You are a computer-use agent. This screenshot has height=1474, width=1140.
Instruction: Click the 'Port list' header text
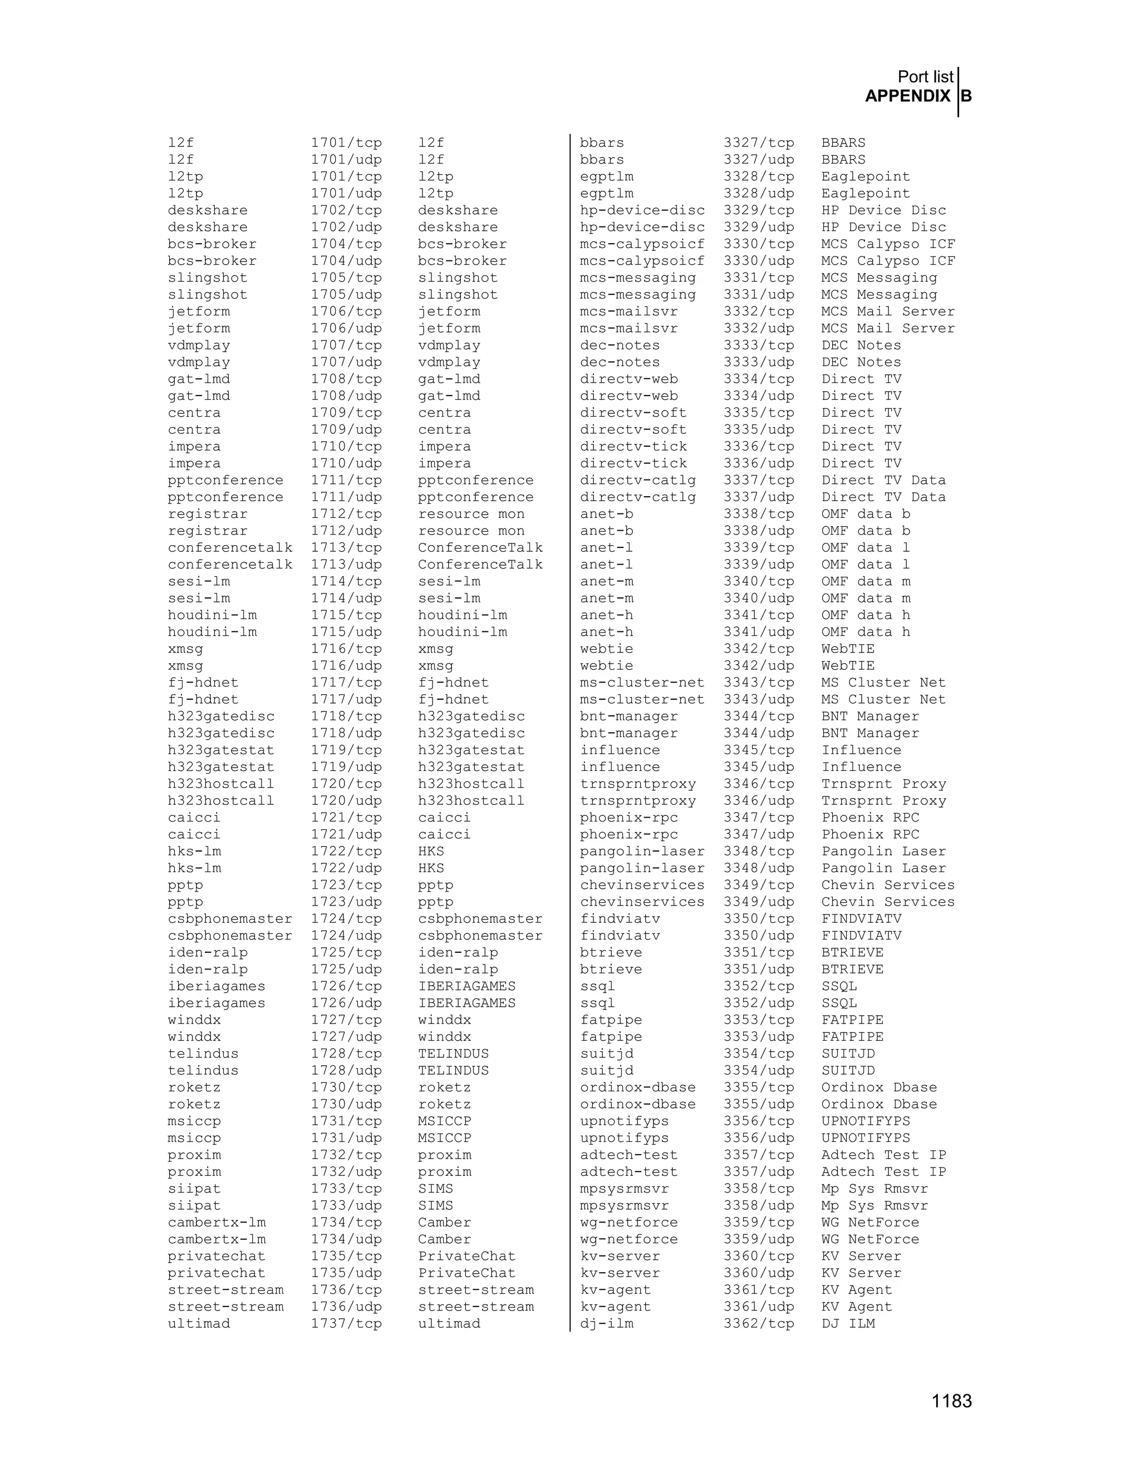click(925, 77)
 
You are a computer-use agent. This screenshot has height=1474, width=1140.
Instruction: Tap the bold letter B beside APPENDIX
click(966, 97)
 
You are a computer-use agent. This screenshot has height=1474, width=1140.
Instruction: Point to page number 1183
click(951, 1401)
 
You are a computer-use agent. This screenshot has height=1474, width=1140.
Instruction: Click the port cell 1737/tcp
click(346, 1323)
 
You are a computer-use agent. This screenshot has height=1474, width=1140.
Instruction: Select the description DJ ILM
click(848, 1323)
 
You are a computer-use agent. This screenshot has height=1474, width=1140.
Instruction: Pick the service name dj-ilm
click(607, 1323)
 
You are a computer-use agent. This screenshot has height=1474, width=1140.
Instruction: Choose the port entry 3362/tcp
click(759, 1323)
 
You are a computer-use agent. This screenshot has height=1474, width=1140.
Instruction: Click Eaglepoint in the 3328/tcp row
click(865, 177)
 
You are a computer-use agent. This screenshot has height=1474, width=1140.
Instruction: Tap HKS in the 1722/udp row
click(431, 868)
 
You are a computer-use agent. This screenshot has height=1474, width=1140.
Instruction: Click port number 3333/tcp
click(759, 345)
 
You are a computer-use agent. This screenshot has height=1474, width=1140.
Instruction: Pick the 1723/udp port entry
click(346, 902)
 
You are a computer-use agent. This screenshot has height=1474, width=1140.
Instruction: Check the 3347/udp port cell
click(759, 834)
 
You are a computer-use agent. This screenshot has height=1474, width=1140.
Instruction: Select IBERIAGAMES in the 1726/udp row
click(466, 1003)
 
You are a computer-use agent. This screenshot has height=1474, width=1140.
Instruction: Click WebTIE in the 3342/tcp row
click(848, 649)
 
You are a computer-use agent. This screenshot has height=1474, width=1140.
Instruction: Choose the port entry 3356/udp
click(759, 1138)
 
